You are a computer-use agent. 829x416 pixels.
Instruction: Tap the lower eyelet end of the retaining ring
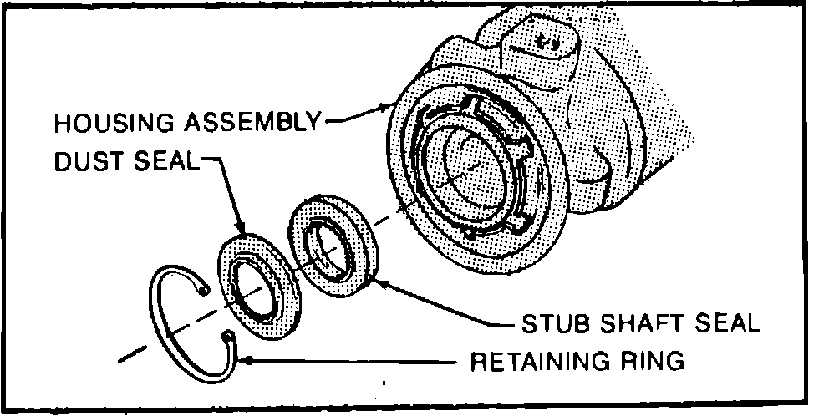tap(226, 336)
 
